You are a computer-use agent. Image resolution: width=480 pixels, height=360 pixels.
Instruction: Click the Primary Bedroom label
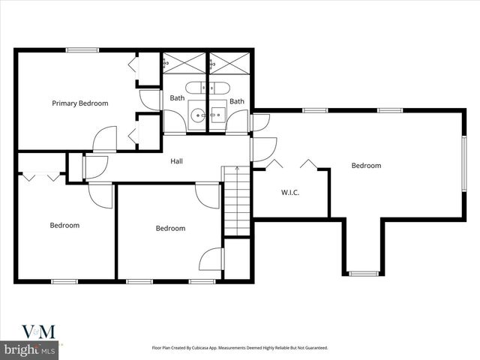point(79,103)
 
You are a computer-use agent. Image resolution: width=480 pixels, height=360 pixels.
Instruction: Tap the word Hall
point(176,161)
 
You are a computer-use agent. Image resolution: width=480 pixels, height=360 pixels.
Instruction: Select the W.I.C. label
point(290,193)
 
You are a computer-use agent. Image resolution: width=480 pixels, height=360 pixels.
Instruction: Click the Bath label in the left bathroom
point(177,98)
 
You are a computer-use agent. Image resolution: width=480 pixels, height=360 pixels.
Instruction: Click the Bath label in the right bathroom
point(237,101)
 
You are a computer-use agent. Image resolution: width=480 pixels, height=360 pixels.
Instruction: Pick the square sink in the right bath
point(219,115)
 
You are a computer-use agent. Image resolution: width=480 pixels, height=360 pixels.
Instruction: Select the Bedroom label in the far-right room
point(366,166)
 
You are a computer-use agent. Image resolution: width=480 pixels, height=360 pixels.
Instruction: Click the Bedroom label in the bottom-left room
point(64,225)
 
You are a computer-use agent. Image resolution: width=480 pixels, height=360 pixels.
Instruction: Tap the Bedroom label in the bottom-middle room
point(170,229)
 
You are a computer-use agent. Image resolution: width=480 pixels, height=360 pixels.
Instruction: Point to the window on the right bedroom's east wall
point(463,166)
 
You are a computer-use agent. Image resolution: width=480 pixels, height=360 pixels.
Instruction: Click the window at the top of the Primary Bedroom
point(82,50)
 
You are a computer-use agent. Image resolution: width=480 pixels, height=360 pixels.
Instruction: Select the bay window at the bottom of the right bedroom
point(364,273)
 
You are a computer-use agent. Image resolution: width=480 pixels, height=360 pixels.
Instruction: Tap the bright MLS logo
point(30,349)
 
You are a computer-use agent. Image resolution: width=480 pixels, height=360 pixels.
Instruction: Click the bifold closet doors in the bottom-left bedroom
point(40,178)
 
